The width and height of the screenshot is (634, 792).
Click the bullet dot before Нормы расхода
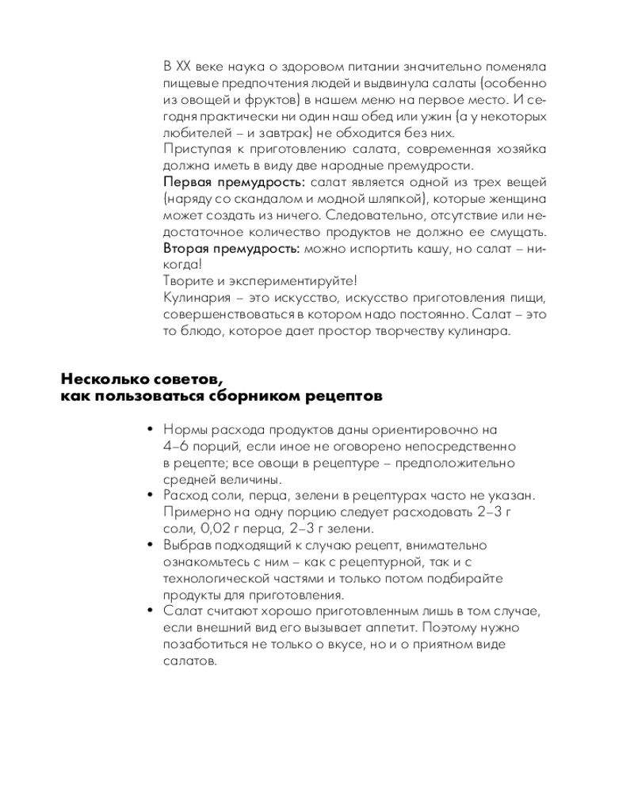point(150,430)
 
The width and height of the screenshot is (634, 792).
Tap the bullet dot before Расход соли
point(150,496)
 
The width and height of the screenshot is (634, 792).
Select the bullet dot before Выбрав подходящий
point(150,546)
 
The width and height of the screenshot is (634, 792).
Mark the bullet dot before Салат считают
point(150,611)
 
